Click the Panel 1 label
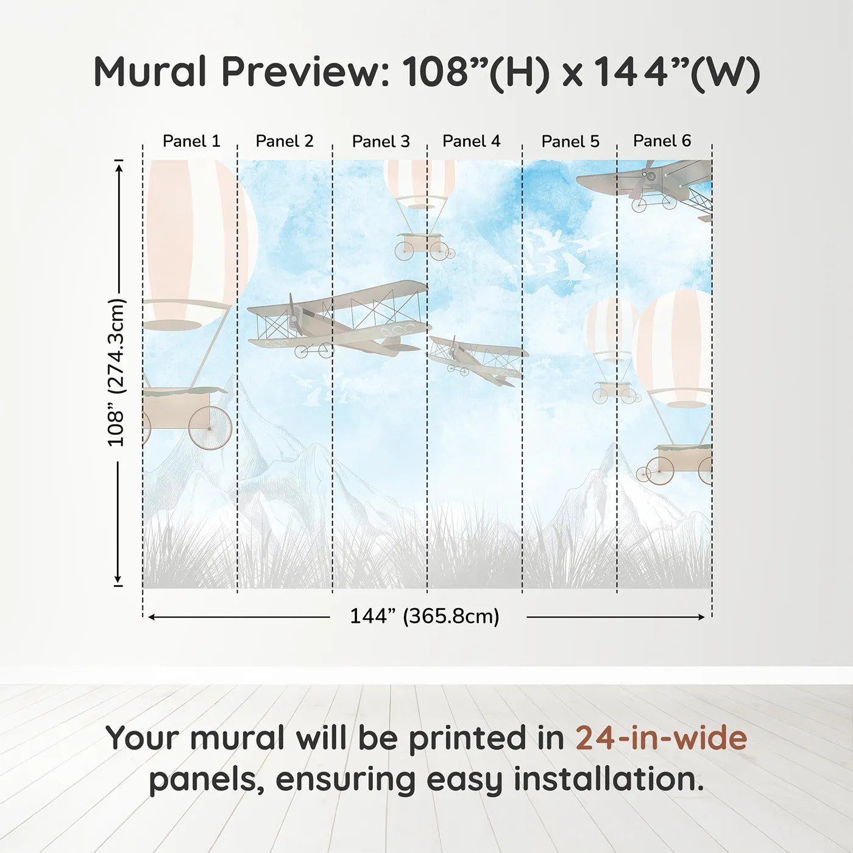tap(191, 141)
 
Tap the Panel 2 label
tap(284, 141)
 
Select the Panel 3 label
tap(381, 142)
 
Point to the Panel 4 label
tap(471, 141)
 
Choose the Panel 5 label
tap(570, 142)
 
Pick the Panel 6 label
tap(662, 141)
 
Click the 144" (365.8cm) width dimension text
tap(424, 617)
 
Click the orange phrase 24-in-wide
tap(661, 738)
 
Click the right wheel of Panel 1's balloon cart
tap(210, 428)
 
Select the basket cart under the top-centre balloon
tap(422, 245)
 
